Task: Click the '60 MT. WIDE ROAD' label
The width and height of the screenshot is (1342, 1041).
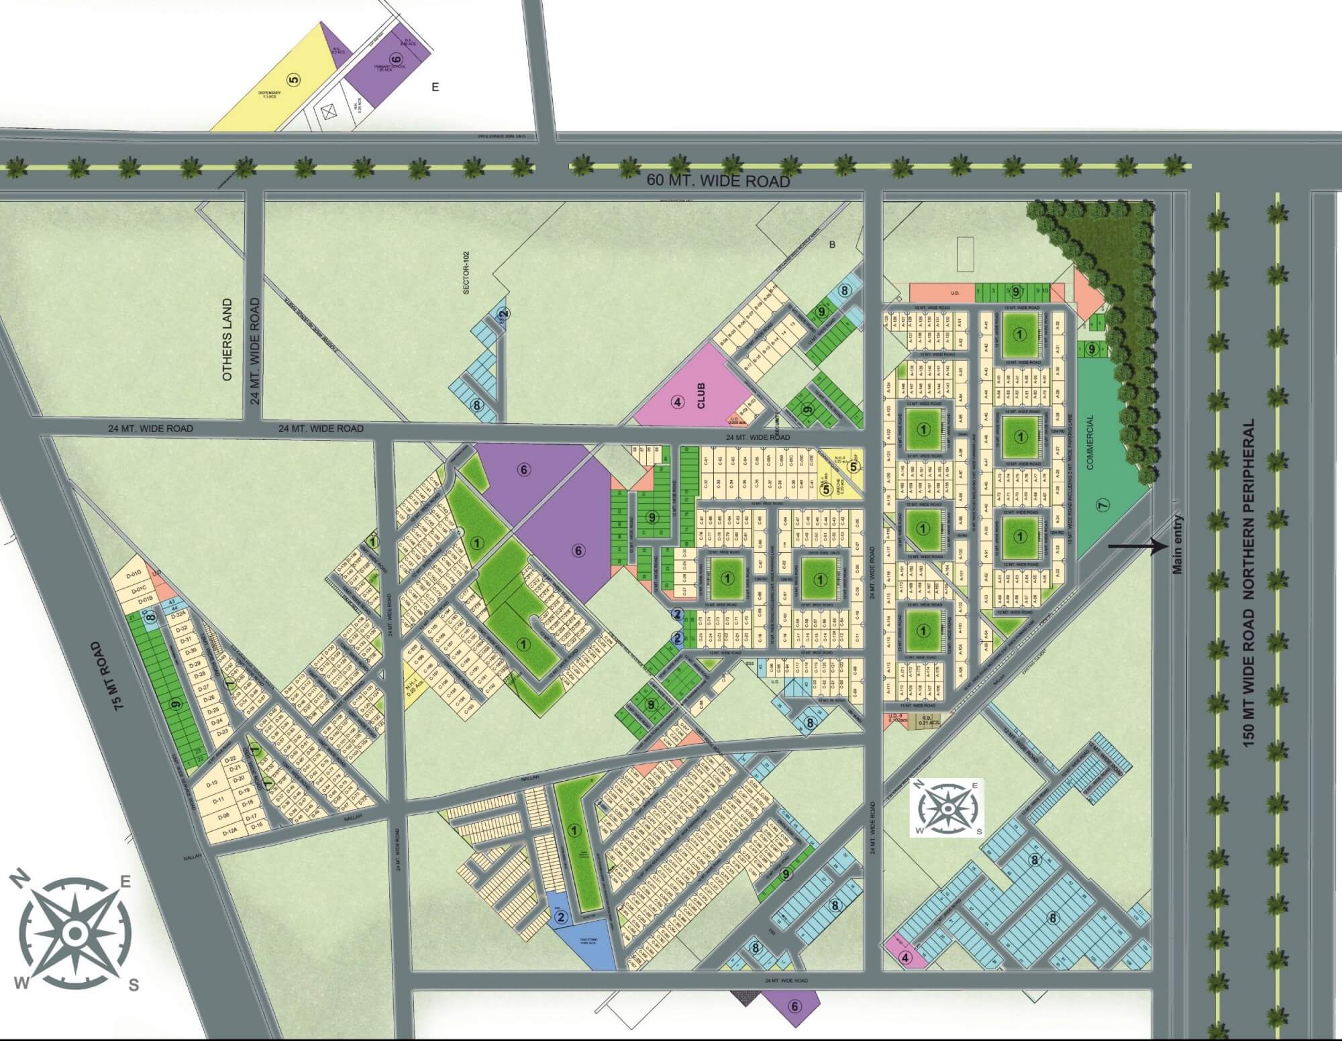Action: [x=719, y=181]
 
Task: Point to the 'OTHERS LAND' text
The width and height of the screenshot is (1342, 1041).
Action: [x=227, y=340]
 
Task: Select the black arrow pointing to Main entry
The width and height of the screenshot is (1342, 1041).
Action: [x=1135, y=547]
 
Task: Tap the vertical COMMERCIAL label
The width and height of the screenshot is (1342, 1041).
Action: [x=1090, y=442]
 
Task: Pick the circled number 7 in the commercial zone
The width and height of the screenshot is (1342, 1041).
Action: [x=1102, y=505]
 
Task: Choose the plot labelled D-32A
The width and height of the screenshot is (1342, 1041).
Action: [x=178, y=614]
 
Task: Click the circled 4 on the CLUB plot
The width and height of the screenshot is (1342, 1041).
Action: [x=678, y=402]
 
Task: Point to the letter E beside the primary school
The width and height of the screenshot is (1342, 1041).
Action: [x=435, y=87]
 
